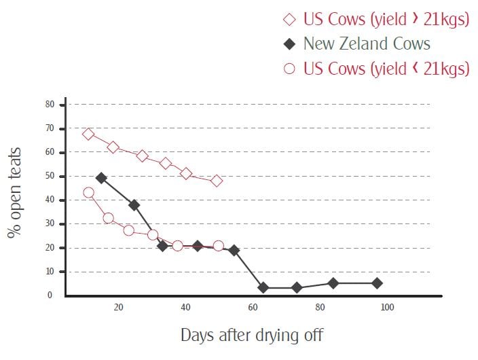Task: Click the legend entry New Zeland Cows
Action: pyautogui.click(x=367, y=43)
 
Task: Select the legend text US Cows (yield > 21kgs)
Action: pyautogui.click(x=386, y=19)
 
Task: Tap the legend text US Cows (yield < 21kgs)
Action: pyautogui.click(x=386, y=69)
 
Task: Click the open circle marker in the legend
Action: pyautogui.click(x=290, y=69)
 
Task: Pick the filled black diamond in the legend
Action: pyautogui.click(x=290, y=44)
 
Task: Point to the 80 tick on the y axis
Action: pyautogui.click(x=50, y=105)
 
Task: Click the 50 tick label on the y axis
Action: pyautogui.click(x=50, y=176)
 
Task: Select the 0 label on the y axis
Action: pyautogui.click(x=50, y=295)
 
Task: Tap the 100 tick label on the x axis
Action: pyautogui.click(x=386, y=308)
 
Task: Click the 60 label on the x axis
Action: pyautogui.click(x=253, y=308)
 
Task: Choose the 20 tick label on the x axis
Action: pyautogui.click(x=119, y=308)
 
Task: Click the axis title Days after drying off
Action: pyautogui.click(x=253, y=334)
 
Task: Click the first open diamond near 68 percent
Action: pyautogui.click(x=88, y=134)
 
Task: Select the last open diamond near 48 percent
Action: pyautogui.click(x=217, y=181)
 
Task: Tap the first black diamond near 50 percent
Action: pyautogui.click(x=101, y=178)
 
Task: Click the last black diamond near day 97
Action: pyautogui.click(x=377, y=283)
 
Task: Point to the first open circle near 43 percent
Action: pyautogui.click(x=88, y=192)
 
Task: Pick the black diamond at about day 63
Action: pyautogui.click(x=263, y=287)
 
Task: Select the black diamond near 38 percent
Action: pyautogui.click(x=134, y=204)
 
